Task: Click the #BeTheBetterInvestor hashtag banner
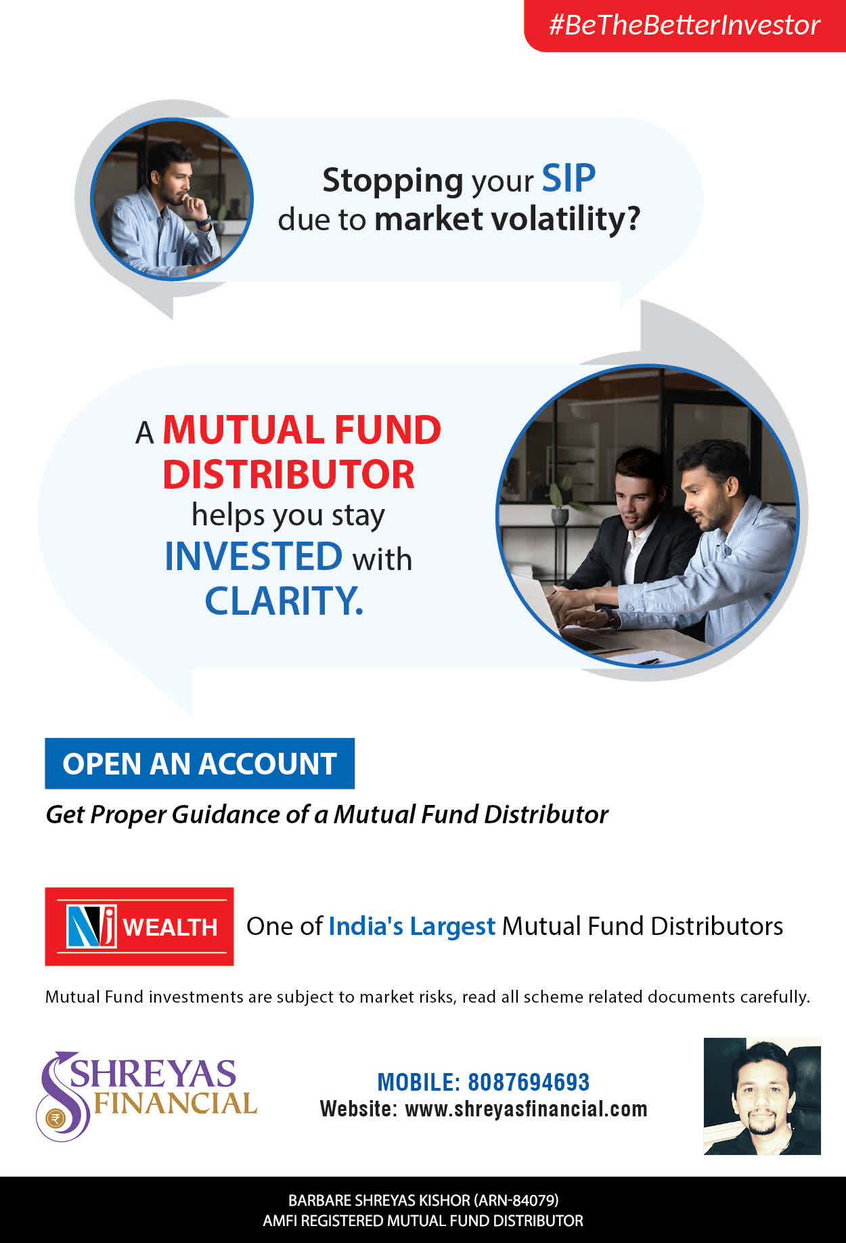point(685,26)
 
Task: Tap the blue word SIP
point(569,179)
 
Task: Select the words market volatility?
point(507,219)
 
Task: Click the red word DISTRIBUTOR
point(288,474)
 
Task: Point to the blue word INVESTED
point(254,556)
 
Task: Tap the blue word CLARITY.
point(284,601)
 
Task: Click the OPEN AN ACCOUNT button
point(200,764)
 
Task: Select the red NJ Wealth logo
point(139,926)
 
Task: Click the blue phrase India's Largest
point(412,926)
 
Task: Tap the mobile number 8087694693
point(529,1082)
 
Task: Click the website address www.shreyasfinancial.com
point(526,1109)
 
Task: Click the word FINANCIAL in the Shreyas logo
point(175,1104)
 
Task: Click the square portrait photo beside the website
point(762,1096)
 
